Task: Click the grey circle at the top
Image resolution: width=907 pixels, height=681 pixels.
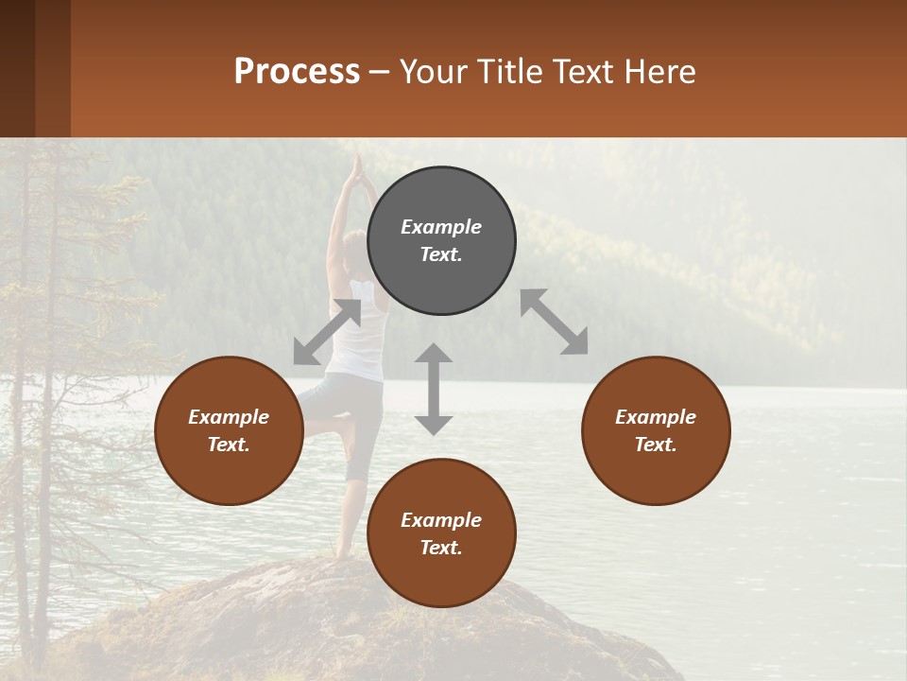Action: tap(441, 240)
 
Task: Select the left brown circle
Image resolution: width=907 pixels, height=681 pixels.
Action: tap(229, 430)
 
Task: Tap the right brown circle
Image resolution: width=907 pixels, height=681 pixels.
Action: tap(656, 430)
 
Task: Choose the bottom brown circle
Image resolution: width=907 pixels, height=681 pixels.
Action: tap(441, 533)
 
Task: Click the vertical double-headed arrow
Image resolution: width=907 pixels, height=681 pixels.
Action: tap(434, 389)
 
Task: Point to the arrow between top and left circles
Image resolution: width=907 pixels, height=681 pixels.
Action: tap(327, 332)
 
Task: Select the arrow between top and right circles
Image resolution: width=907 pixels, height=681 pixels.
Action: tap(554, 322)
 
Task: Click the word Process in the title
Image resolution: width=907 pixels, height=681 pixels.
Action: tap(297, 71)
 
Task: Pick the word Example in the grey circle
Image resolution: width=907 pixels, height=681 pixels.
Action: tap(441, 227)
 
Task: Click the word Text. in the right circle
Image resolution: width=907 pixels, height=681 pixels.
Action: tap(656, 445)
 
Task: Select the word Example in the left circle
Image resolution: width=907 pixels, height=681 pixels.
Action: tap(229, 417)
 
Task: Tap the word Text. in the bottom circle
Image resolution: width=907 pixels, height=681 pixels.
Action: tap(441, 548)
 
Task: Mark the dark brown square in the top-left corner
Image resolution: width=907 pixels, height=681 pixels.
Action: tap(17, 68)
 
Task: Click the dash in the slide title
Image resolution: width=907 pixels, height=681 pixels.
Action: tap(380, 72)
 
